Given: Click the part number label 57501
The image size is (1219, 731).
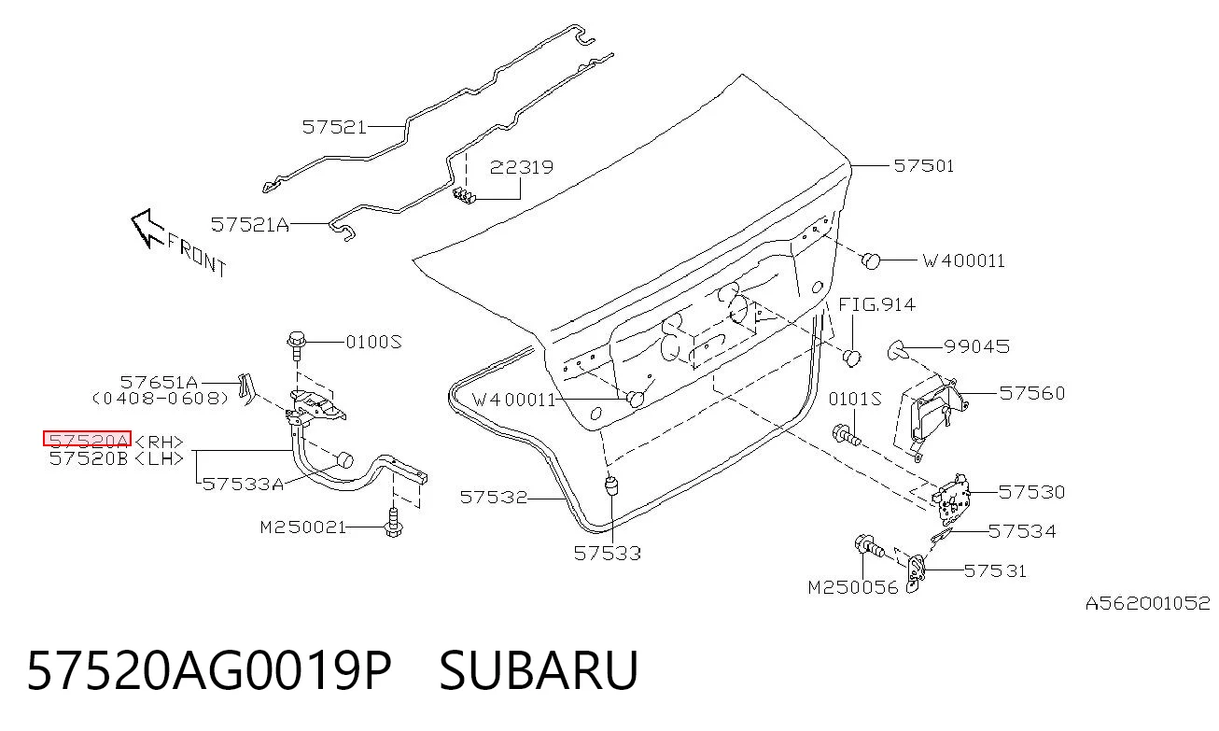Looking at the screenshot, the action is (x=924, y=165).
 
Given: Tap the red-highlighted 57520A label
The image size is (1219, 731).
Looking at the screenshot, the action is (x=87, y=438).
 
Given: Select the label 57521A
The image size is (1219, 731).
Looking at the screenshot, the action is (x=250, y=224).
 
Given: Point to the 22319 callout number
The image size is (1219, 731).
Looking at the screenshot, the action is (x=522, y=167).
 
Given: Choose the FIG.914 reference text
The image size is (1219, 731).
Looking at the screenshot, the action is (x=876, y=304).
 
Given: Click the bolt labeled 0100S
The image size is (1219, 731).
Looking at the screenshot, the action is (x=297, y=344).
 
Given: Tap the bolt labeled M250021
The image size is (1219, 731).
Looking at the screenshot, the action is (x=393, y=523).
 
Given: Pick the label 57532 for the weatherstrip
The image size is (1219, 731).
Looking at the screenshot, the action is (x=494, y=497).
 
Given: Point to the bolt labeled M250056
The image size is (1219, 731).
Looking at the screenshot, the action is (x=869, y=546).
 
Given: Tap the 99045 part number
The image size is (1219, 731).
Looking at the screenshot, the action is (x=977, y=346).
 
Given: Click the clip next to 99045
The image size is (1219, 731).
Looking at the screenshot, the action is (x=897, y=350).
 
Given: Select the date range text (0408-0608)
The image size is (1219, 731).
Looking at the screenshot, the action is (x=161, y=399).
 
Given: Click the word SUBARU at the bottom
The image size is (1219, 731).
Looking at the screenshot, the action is (x=539, y=670).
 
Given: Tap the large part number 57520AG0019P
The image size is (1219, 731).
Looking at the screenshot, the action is (x=209, y=670).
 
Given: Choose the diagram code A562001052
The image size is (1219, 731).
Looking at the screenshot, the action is (x=1147, y=603).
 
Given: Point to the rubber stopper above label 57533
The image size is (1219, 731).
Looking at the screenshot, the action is (x=611, y=485).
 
